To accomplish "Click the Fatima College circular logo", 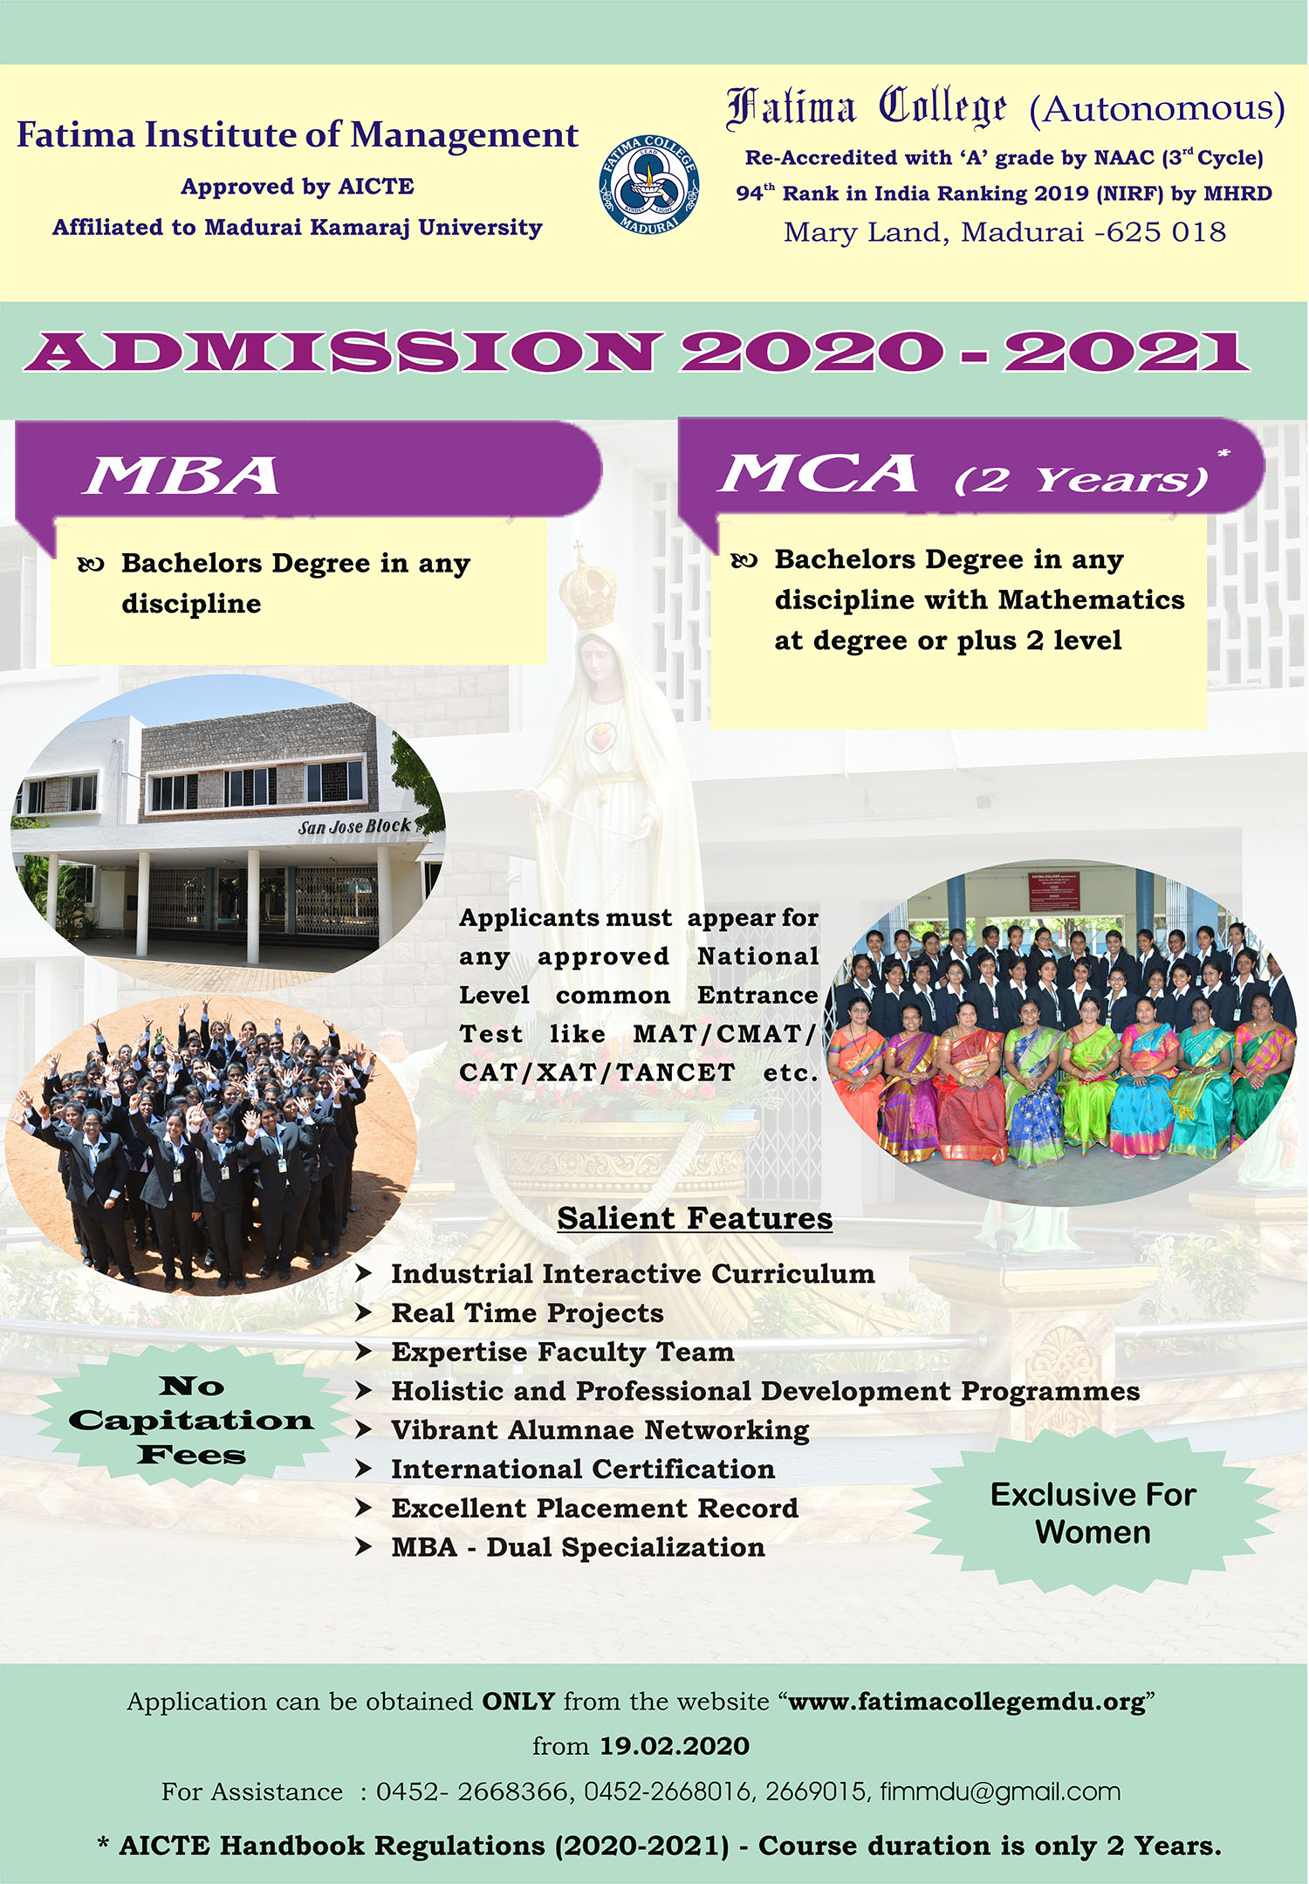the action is point(648,185).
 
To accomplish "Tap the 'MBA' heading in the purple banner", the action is point(182,476).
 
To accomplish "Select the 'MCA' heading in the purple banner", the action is point(819,473).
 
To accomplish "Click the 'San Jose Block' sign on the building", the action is point(353,826).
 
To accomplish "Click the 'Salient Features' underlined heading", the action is point(695,1217).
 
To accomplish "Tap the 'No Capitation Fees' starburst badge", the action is point(191,1420).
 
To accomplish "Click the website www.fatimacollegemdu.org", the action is point(967,1702).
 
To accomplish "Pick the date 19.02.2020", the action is point(675,1746).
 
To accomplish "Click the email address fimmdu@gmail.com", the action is point(1000,1792).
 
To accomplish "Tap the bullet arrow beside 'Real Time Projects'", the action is point(364,1312).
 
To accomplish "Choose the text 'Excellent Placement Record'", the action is point(595,1508).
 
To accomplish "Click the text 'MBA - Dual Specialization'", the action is point(579,1547).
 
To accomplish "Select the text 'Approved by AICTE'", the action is point(298,186).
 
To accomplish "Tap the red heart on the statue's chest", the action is point(599,739).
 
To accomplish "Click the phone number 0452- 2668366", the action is point(472,1792).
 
